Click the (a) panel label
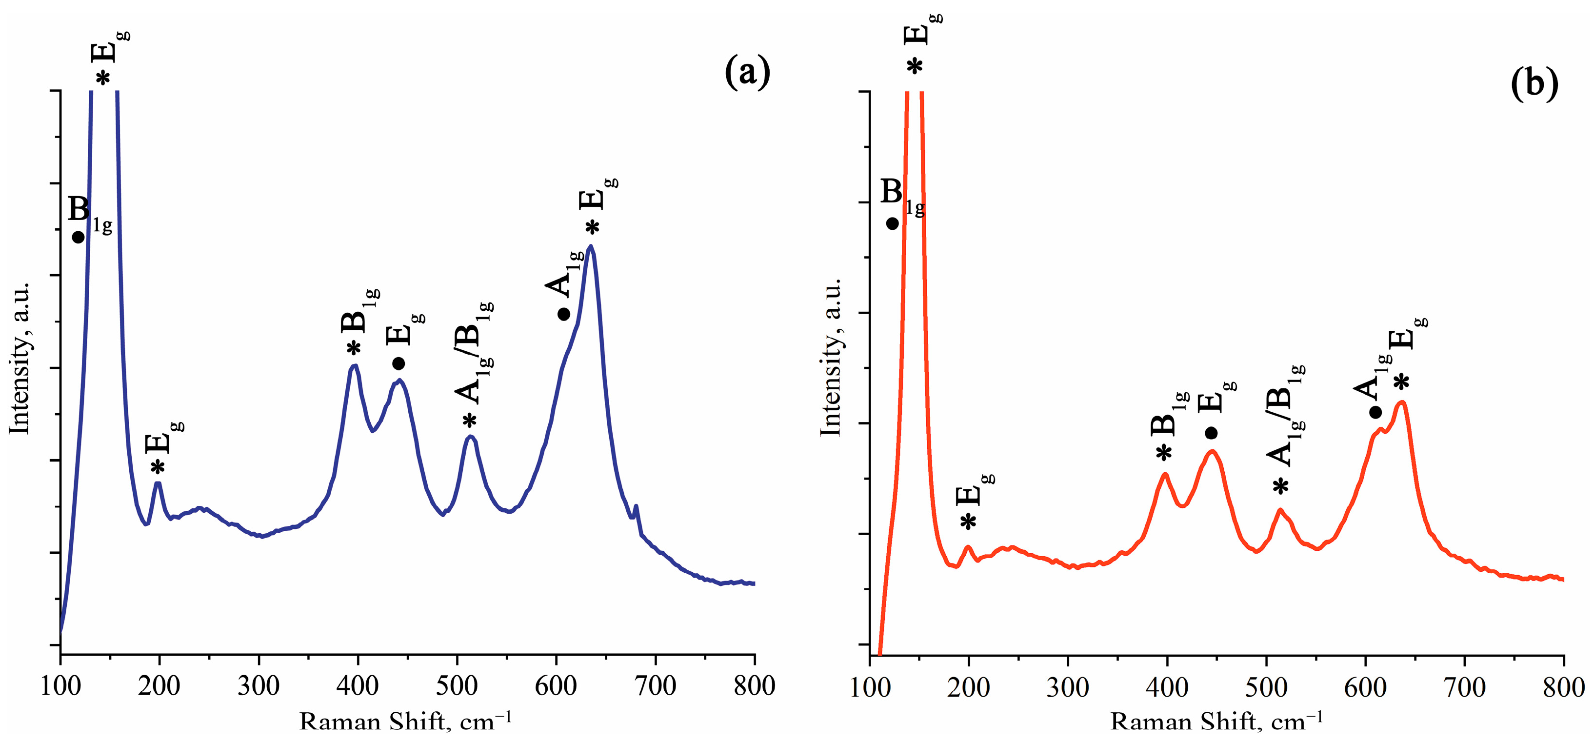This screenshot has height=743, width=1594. [747, 72]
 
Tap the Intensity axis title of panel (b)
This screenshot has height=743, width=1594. [831, 357]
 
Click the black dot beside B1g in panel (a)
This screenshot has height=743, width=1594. [78, 237]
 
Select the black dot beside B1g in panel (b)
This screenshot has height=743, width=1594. [892, 223]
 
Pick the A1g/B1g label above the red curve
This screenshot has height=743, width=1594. [1285, 415]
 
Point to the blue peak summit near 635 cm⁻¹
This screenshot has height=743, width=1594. [591, 246]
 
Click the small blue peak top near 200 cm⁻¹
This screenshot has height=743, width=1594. [159, 483]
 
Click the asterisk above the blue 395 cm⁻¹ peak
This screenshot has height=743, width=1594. [353, 348]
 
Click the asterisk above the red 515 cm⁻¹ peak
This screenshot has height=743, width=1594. [1280, 486]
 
